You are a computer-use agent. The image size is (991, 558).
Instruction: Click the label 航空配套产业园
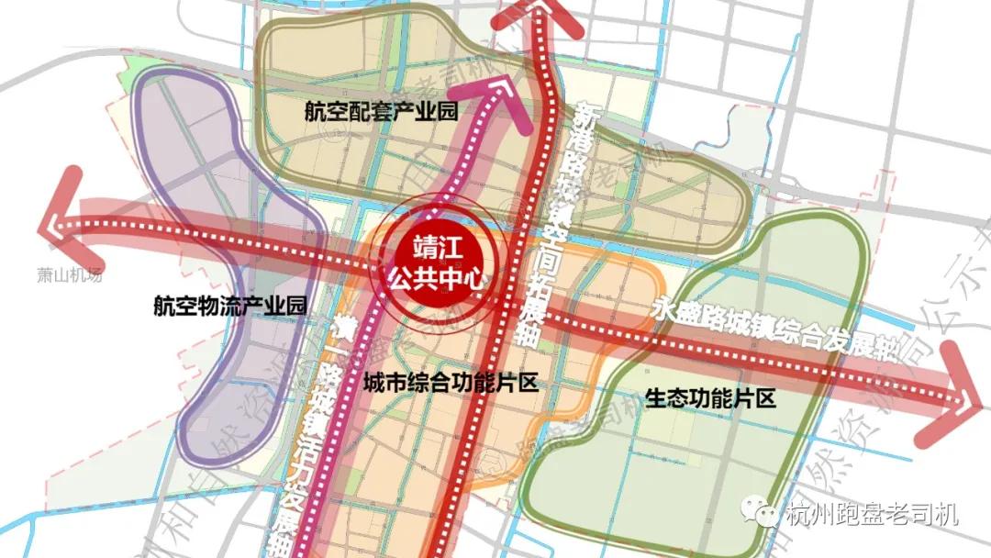[x=382, y=111]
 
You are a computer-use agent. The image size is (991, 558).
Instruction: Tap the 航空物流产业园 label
[x=229, y=307]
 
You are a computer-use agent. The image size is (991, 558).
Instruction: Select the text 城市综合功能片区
[x=450, y=384]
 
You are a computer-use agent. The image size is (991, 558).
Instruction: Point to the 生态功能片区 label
[x=711, y=399]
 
